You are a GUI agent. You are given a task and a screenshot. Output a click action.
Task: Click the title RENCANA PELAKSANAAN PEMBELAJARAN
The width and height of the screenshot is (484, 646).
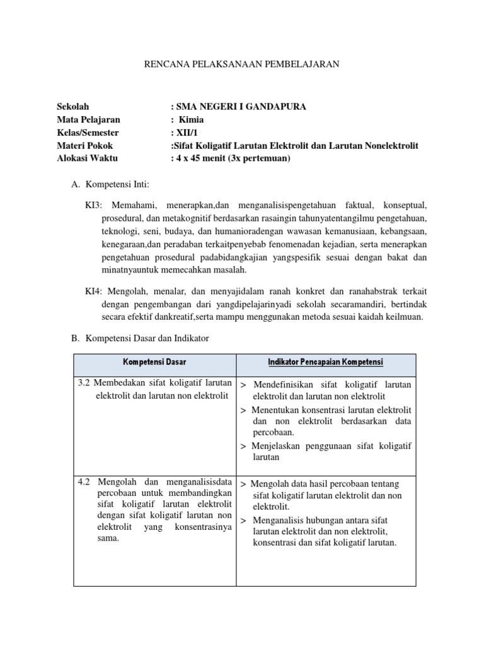[x=242, y=64]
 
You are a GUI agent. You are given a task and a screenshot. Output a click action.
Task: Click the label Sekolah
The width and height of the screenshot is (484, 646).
[x=73, y=107]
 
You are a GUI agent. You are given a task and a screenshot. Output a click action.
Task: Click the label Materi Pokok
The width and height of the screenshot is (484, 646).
[x=84, y=146]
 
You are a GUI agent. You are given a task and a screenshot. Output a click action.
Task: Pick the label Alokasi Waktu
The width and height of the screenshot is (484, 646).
[x=87, y=158]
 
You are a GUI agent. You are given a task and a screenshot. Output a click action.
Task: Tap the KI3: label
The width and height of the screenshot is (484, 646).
[x=97, y=206]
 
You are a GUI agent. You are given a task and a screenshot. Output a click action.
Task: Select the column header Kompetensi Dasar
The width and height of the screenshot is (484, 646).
[x=154, y=361]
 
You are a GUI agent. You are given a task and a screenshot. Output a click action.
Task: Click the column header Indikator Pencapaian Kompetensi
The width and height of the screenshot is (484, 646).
[x=325, y=361]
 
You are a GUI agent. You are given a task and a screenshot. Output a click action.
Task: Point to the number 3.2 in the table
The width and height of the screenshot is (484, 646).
[x=84, y=384]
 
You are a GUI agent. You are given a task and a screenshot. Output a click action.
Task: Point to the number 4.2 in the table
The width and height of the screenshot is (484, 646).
[x=84, y=482]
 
